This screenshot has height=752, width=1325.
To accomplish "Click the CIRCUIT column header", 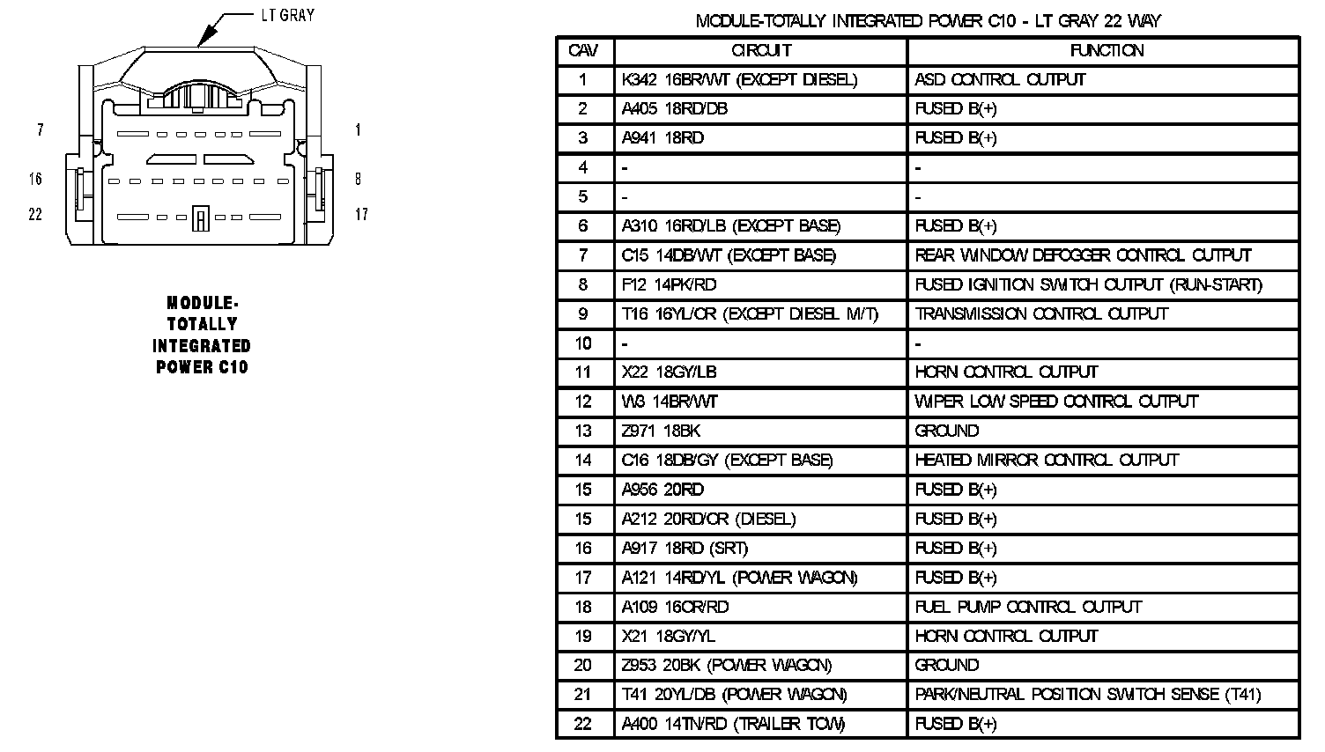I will pos(761,51).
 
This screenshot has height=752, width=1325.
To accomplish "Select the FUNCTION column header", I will pos(1107,51).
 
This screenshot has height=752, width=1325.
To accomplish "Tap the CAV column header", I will pos(583,51).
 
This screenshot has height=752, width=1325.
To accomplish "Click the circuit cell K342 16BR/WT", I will pos(739,80).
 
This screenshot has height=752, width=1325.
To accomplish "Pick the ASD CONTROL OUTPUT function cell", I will pos(1000,80).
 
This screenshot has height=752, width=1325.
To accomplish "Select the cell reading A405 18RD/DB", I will pos(675,109).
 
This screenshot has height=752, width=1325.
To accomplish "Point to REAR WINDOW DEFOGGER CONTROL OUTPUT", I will pos(1083,255).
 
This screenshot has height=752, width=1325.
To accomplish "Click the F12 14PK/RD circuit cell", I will pos(670,284).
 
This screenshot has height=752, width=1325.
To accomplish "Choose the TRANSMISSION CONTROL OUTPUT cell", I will pos(1041,314).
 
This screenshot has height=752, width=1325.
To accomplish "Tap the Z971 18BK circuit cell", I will pos(662,431).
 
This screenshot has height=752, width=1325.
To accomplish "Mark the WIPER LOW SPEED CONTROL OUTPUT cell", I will pos(1056,402).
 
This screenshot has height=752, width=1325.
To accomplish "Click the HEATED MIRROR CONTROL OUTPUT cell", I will pos(1047,461).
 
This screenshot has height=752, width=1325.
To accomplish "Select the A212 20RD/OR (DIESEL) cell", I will pos(708,519).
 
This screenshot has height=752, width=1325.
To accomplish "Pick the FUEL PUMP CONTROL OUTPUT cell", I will pos(1028,607).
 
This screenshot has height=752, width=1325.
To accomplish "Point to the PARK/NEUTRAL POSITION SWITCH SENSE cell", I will pos(1088,695).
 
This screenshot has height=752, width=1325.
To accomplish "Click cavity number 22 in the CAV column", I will pos(583,724).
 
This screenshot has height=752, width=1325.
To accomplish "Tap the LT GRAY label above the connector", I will pos(287,16).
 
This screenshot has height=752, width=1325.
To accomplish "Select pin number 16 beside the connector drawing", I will pos(35,180).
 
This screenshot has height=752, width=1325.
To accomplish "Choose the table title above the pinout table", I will pos(928,20).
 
